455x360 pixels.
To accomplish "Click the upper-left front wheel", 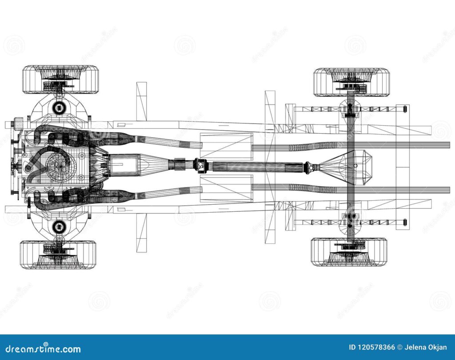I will (x=60, y=79).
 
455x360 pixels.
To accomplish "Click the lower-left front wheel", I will (x=58, y=255).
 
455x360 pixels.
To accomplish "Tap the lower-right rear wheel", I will (x=349, y=252).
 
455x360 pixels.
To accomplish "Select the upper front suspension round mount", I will (x=59, y=107).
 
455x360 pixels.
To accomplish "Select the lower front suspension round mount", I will (x=59, y=227).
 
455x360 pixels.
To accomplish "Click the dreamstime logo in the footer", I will (x=41, y=349).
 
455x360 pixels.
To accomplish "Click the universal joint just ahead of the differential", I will (x=308, y=168).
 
